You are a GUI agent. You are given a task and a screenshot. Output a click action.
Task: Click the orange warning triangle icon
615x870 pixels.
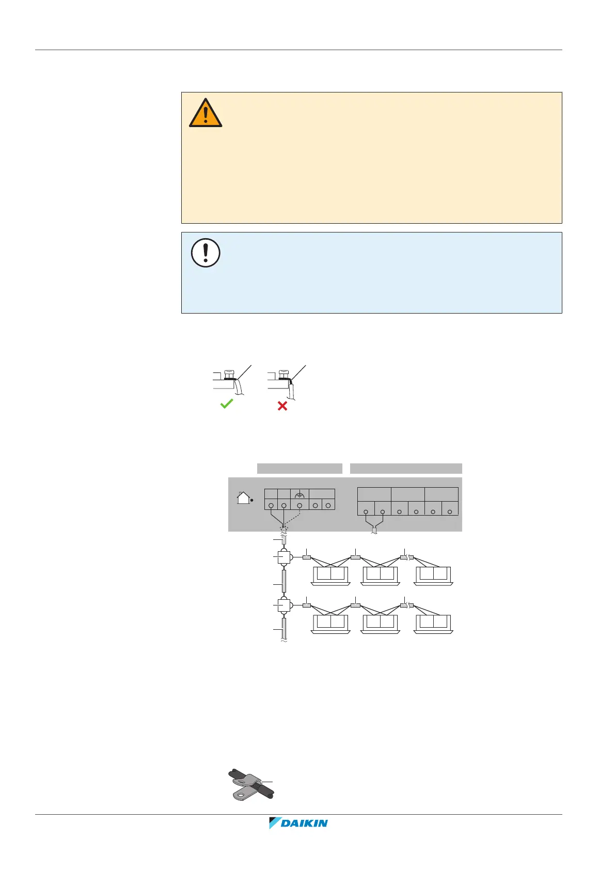click(206, 113)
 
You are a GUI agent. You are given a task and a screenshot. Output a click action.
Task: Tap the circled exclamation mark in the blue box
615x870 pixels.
click(206, 253)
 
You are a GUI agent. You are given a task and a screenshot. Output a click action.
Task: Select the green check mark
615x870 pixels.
click(227, 404)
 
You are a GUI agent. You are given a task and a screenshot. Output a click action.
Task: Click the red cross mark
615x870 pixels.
click(282, 406)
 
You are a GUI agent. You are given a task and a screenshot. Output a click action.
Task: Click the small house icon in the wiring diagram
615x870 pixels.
click(243, 498)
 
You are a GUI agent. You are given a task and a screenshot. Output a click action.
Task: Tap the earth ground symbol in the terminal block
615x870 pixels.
click(299, 494)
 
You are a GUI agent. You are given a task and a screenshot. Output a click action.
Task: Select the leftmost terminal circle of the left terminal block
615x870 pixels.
click(271, 505)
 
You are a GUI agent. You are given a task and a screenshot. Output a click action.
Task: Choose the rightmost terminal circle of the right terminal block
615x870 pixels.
click(450, 511)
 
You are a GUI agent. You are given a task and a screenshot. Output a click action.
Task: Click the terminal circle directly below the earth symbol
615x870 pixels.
click(299, 505)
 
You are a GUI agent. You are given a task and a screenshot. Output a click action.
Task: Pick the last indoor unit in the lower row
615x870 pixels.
click(433, 624)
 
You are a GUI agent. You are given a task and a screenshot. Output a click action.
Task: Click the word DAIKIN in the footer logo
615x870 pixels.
click(304, 824)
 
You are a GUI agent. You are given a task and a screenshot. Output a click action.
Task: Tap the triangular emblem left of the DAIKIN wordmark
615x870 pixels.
click(274, 822)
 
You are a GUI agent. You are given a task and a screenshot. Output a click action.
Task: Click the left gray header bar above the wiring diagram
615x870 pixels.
click(299, 469)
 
